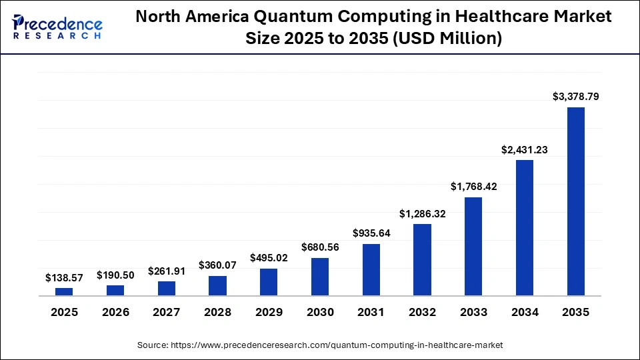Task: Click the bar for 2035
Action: coord(575,201)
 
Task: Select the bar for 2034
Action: coord(525,227)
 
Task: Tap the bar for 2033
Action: coord(473,246)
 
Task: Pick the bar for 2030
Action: coord(320,277)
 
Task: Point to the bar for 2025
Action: coord(64,291)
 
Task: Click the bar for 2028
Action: coord(217,285)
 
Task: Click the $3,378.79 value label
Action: coord(575,97)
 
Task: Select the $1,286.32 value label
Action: coord(423,214)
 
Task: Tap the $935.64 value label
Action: coord(371,233)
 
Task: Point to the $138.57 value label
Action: coord(64,277)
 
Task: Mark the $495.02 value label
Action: coord(269,257)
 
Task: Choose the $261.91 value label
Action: coord(167,271)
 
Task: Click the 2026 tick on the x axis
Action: coord(115,312)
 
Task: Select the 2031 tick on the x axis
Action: coord(371,312)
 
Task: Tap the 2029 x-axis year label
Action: coord(269,312)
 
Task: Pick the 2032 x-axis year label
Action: coord(423,312)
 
